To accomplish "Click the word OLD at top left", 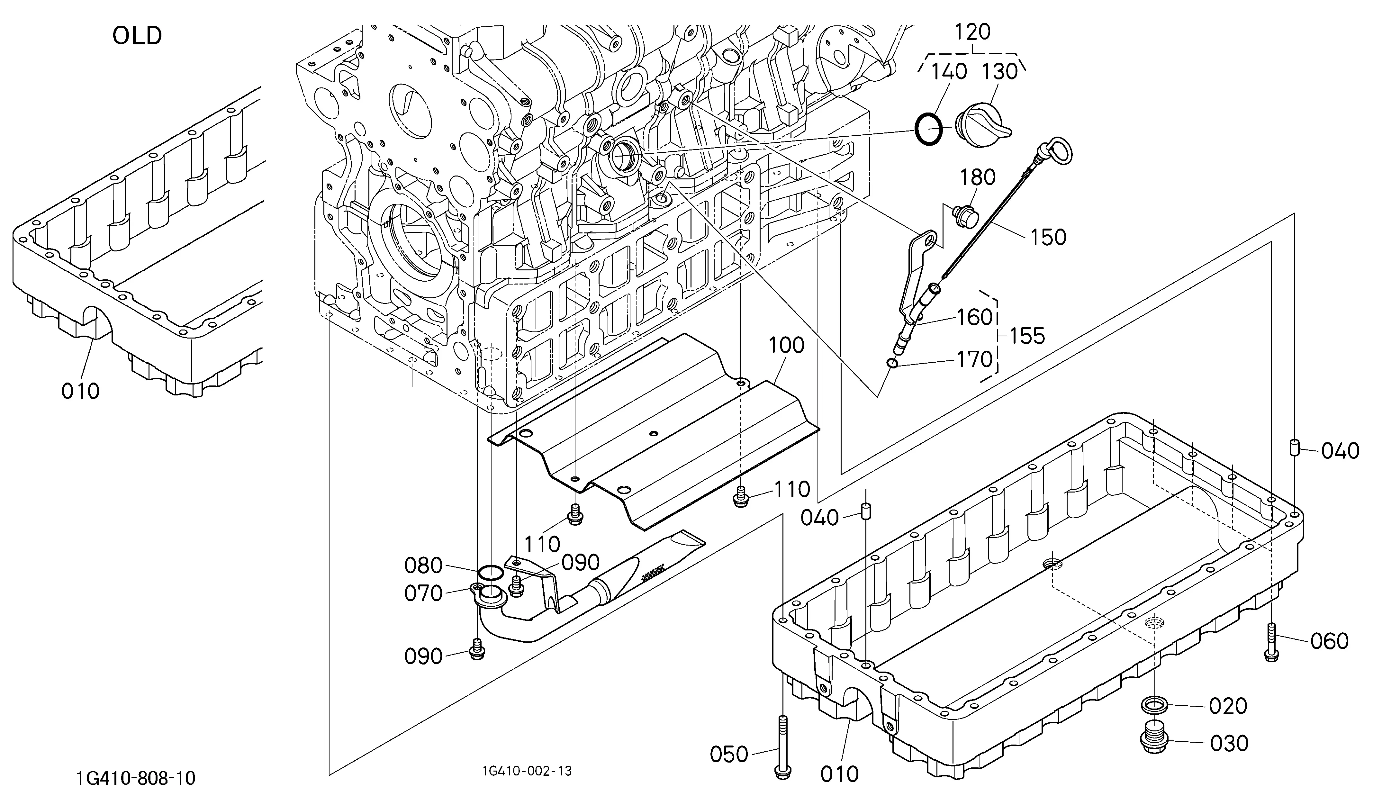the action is (x=137, y=36).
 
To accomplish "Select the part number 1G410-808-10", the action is (x=136, y=778).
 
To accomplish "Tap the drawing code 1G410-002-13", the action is (x=527, y=771).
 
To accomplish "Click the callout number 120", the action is (x=973, y=32).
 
